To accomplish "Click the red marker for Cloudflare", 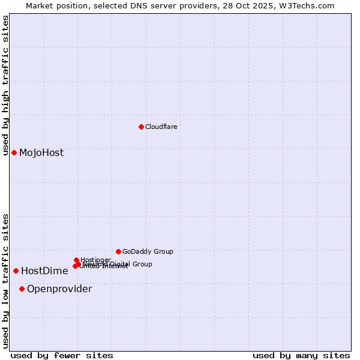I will [141, 127].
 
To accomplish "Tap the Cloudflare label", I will [161, 127].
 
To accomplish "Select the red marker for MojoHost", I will [14, 152].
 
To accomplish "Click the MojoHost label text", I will [41, 152].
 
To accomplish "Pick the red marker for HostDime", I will [16, 271].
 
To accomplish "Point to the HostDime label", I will [44, 271].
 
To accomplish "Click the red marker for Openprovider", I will [22, 289].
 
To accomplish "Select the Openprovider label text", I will [59, 289].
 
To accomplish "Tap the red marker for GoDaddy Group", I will [118, 251].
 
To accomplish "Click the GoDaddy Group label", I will [148, 251].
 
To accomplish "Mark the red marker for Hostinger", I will [76, 260].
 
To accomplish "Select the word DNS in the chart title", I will [153, 5].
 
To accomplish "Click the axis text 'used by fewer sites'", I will [62, 355].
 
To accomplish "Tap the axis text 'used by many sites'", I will [301, 355].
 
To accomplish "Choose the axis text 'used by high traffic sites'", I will [6, 85].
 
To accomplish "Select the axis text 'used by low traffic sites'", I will [6, 280].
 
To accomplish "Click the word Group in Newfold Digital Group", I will [142, 264].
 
